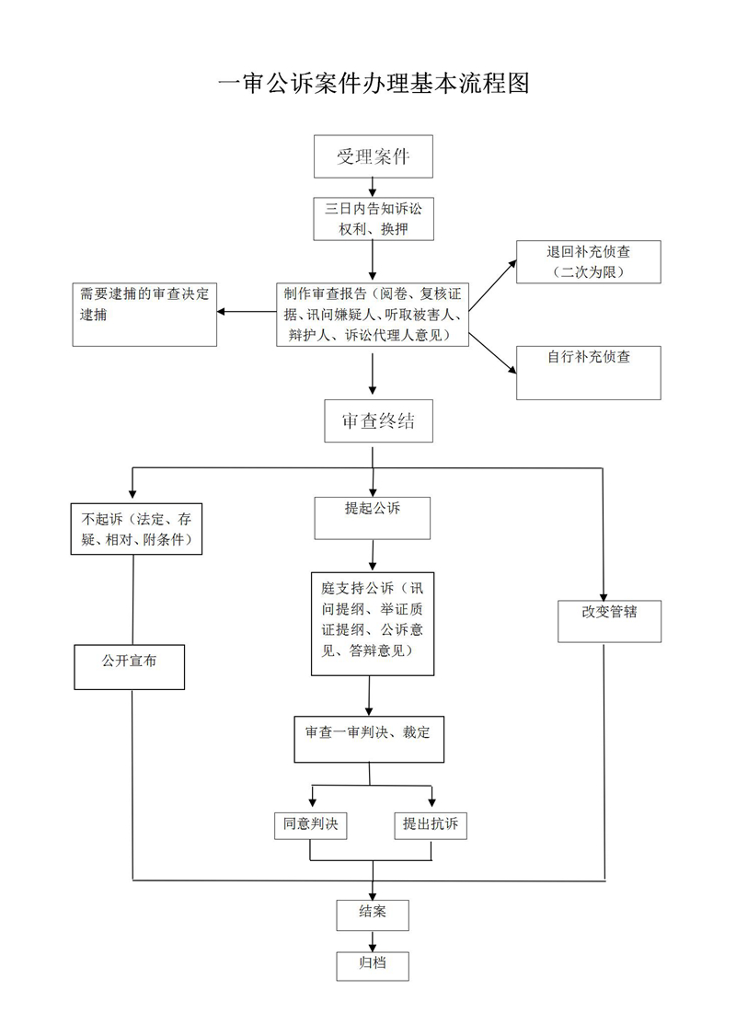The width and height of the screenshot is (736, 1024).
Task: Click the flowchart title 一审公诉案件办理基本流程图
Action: pyautogui.click(x=373, y=84)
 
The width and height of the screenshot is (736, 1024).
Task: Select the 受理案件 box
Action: pyautogui.click(x=373, y=156)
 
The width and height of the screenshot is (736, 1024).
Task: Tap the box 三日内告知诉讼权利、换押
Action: pyautogui.click(x=373, y=219)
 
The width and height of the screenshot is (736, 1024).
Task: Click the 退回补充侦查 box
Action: pyautogui.click(x=588, y=261)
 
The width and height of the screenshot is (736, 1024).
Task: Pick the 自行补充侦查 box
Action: pyautogui.click(x=588, y=373)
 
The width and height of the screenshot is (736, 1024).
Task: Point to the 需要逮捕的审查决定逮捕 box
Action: pyautogui.click(x=144, y=314)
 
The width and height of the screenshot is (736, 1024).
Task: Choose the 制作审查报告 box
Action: pyautogui.click(x=373, y=315)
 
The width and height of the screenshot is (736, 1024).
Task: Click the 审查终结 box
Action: pyautogui.click(x=378, y=421)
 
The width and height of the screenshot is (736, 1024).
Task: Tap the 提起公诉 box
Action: pyautogui.click(x=373, y=518)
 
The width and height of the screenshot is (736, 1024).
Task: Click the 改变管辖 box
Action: pyautogui.click(x=609, y=620)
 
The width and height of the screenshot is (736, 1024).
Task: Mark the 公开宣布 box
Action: pyautogui.click(x=130, y=666)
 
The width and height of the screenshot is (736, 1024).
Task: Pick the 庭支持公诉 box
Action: pyautogui.click(x=372, y=624)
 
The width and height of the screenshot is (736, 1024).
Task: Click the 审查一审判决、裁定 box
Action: pyautogui.click(x=368, y=738)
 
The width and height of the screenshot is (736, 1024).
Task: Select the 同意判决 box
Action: pyautogui.click(x=311, y=825)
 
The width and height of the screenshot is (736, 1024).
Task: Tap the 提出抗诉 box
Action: pyautogui.click(x=431, y=825)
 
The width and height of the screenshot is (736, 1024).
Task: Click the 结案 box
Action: pyautogui.click(x=372, y=914)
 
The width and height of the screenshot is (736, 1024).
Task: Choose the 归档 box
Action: pyautogui.click(x=372, y=964)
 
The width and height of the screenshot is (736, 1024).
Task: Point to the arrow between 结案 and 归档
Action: pyautogui.click(x=373, y=939)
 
